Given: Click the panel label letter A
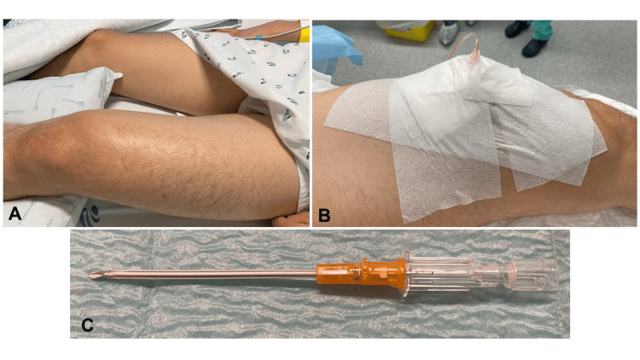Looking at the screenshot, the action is coord(15,213).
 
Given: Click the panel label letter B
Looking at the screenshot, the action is coord(324,215).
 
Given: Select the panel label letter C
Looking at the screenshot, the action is coord(87,325).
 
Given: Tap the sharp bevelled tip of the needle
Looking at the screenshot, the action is coord(90,276).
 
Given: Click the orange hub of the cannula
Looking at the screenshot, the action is coord(360,273).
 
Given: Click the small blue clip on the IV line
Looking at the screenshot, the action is coord(259,38).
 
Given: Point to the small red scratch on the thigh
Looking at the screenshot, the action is coord(151,174).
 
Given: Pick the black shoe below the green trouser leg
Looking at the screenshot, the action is coord(535,48).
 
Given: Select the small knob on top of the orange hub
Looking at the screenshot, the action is coord(364,261).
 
